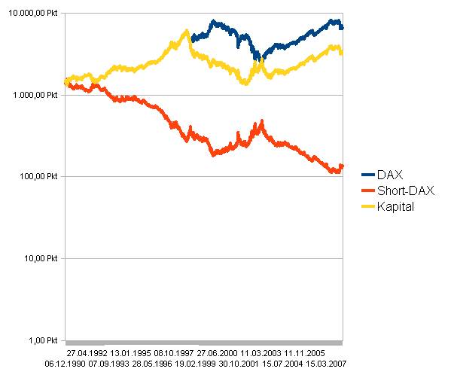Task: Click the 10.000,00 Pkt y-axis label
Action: click(x=32, y=14)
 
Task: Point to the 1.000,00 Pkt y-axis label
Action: click(x=35, y=95)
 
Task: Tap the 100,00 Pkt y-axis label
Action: click(x=39, y=176)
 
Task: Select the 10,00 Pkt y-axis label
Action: click(x=41, y=258)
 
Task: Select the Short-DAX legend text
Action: click(x=404, y=190)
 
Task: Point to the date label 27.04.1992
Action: click(x=87, y=352)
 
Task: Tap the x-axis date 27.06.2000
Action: click(x=218, y=352)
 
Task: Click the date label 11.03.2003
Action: click(x=261, y=352)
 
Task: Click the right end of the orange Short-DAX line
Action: click(x=342, y=166)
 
